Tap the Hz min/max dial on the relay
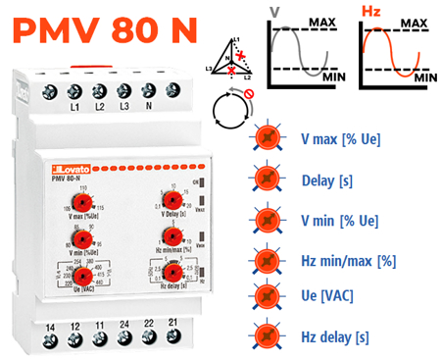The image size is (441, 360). [x=172, y=236]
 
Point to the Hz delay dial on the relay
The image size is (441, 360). [x=172, y=274]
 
